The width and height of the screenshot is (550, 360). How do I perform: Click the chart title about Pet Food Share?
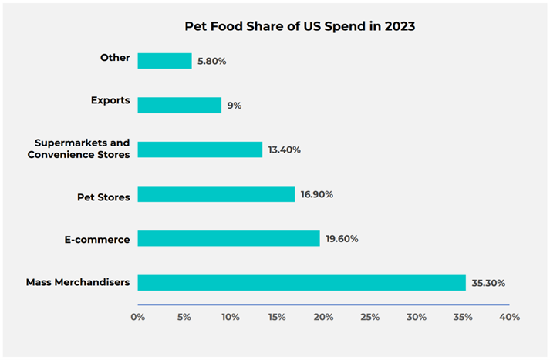tap(299, 26)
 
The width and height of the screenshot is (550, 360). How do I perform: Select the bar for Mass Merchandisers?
tap(302, 283)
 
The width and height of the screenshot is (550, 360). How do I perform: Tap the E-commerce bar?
tap(228, 239)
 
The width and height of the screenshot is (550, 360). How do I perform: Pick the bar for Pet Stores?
tap(216, 194)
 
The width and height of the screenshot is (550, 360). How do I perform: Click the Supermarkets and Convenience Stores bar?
tap(200, 150)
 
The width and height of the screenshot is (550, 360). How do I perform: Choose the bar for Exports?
tap(180, 105)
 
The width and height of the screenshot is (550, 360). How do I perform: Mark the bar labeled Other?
tap(164, 60)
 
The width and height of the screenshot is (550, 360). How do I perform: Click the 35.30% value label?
tap(488, 283)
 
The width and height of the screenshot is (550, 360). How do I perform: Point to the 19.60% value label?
tap(342, 239)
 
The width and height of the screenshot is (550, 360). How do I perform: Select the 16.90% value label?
tap(317, 194)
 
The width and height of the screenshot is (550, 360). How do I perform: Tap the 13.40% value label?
tap(285, 150)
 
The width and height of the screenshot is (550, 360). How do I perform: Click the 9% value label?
tap(235, 105)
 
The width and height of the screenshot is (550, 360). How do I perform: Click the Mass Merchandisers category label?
tap(78, 283)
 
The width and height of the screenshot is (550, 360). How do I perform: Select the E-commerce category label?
tap(97, 240)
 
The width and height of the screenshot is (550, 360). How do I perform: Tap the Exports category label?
tap(110, 100)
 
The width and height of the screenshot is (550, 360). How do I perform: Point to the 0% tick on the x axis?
tap(138, 317)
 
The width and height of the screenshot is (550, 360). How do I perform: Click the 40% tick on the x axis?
tap(509, 317)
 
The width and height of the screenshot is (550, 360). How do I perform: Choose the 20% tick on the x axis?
tap(323, 317)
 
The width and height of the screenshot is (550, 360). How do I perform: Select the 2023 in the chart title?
tap(400, 26)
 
